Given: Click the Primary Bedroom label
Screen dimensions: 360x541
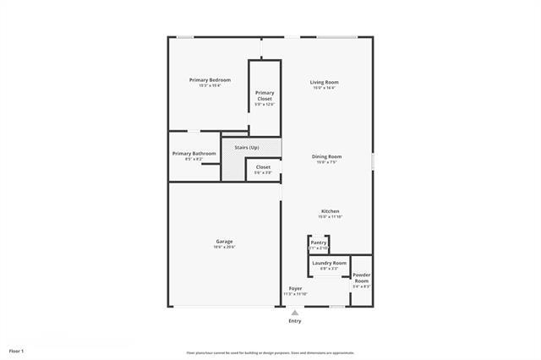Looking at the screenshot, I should click(209, 80).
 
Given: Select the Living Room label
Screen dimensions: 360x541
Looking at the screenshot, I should click(325, 82).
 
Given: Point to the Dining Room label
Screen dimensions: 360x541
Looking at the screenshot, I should click(326, 156).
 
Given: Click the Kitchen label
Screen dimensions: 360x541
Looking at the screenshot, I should click(330, 210).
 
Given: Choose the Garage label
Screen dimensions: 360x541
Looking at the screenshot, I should click(224, 242).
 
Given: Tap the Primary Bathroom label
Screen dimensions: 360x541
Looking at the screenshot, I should click(194, 153).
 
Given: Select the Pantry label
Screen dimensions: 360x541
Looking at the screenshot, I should click(318, 243).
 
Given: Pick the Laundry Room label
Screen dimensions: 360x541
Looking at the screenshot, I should click(329, 263).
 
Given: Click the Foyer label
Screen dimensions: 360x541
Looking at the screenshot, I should click(295, 288).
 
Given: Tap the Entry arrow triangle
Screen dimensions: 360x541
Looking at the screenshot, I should click(295, 312).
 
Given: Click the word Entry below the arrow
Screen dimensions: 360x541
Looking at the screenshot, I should click(295, 321).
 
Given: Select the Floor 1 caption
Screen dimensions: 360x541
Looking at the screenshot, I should click(17, 350).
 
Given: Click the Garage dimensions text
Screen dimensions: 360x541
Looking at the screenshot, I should click(224, 248).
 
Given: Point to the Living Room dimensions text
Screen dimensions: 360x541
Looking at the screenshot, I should click(325, 88).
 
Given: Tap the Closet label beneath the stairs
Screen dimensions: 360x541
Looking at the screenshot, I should click(263, 167).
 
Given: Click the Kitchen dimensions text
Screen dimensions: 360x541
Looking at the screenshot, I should click(330, 216).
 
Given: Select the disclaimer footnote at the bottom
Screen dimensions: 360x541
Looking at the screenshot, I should click(270, 352).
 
